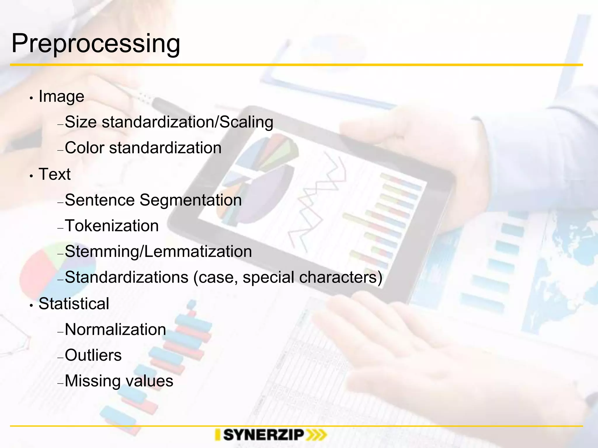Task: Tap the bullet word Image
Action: point(61,96)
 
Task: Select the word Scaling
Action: point(246,122)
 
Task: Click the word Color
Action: point(84,148)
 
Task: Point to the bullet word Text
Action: point(55,174)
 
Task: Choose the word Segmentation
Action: point(191,200)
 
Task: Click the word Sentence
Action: point(100,200)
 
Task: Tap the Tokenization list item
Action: point(112,226)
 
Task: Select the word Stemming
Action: point(101,251)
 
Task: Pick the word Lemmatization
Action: point(198,251)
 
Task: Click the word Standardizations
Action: point(126,277)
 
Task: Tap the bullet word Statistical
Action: point(74,304)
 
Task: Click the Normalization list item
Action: point(115,330)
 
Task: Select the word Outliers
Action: point(93,355)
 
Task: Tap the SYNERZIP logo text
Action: point(264,435)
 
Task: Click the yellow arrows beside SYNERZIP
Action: point(317,435)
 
